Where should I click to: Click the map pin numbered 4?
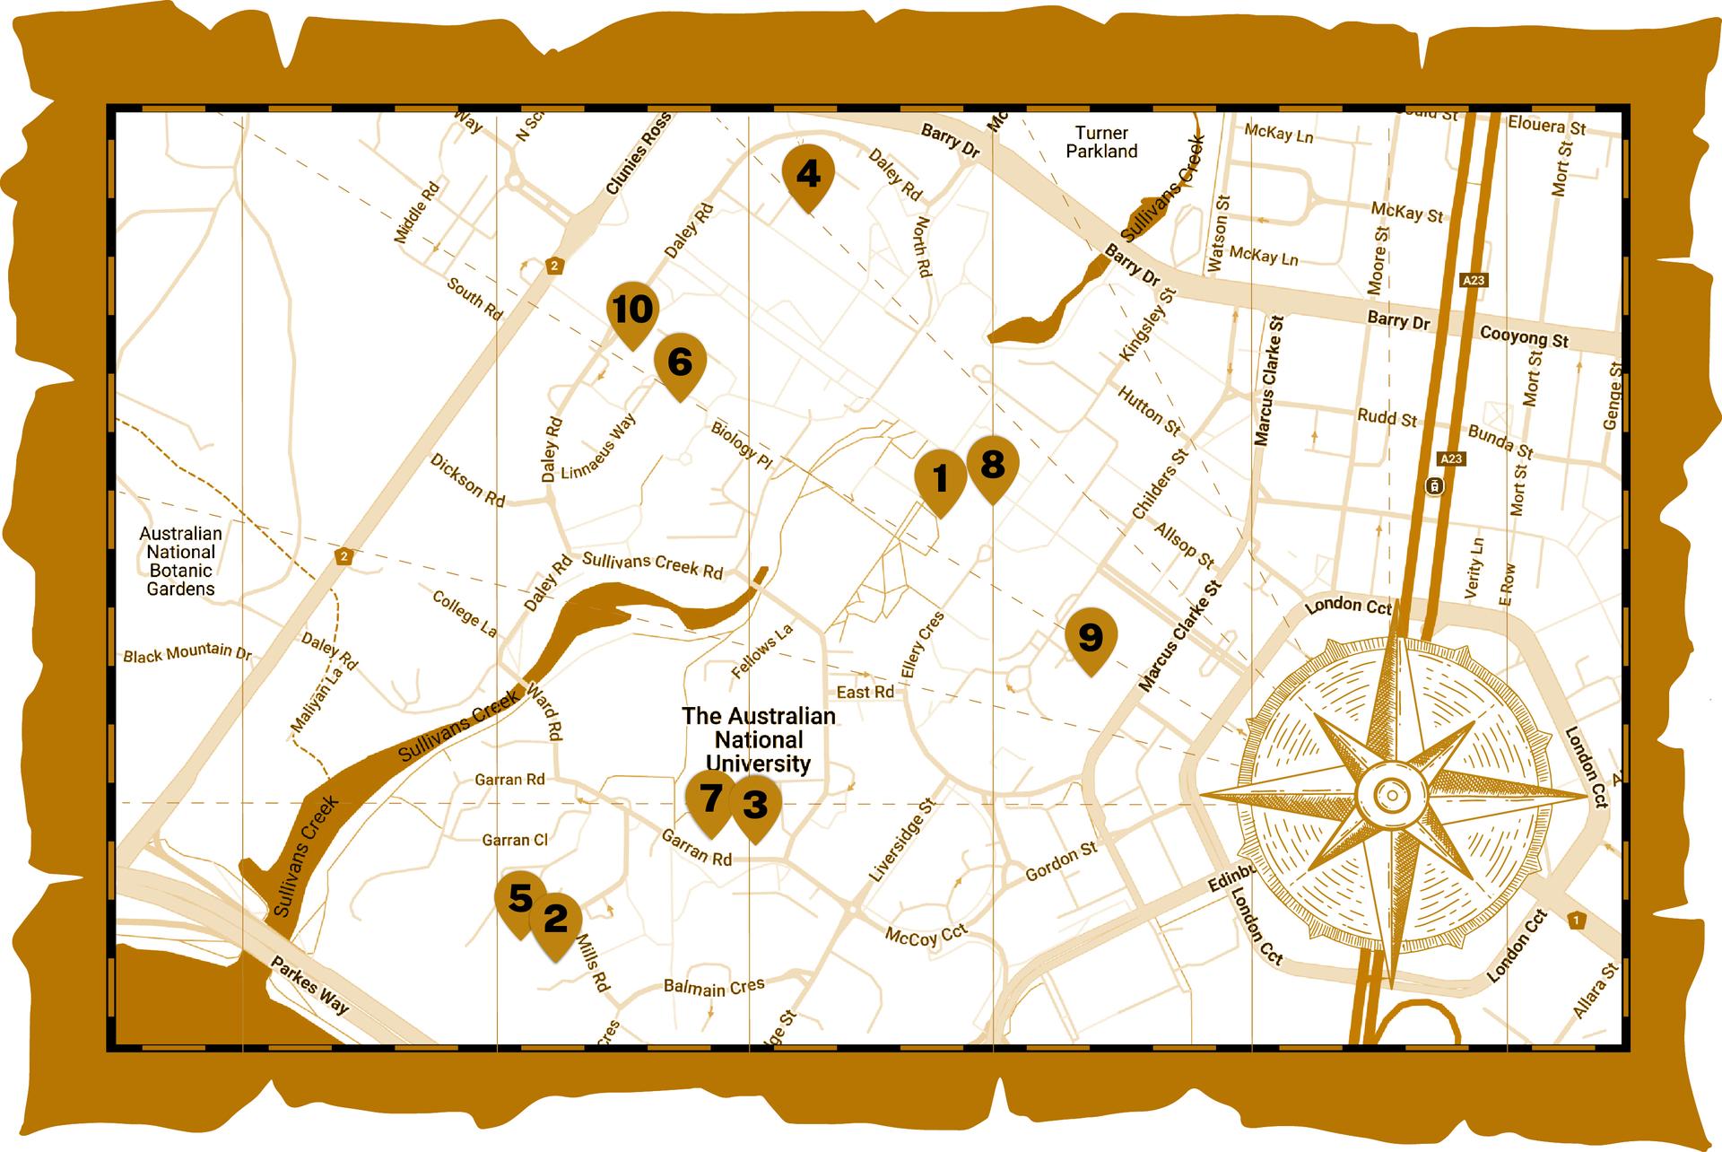click(808, 174)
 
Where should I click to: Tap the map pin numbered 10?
click(633, 311)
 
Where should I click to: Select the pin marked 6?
click(680, 362)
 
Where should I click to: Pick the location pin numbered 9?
click(1090, 638)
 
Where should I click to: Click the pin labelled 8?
click(992, 466)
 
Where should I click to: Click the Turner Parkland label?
click(1101, 142)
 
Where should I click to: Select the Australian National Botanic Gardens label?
click(180, 561)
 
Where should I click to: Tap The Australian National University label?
click(759, 740)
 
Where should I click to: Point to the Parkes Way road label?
click(309, 984)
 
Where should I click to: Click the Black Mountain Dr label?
click(187, 654)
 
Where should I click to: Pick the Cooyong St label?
click(1524, 337)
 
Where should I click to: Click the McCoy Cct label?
click(926, 936)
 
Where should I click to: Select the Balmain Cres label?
click(714, 987)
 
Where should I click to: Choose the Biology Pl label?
click(742, 441)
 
